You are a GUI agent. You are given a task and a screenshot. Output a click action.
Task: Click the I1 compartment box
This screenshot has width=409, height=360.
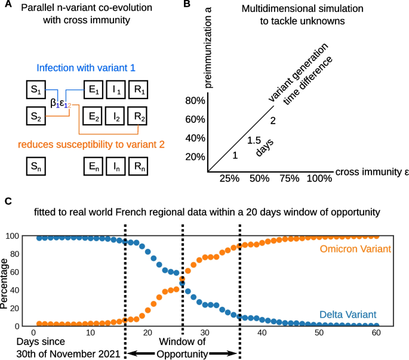click(x=116, y=90)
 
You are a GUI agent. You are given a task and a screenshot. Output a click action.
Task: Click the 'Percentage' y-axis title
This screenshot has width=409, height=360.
click(x=5, y=280)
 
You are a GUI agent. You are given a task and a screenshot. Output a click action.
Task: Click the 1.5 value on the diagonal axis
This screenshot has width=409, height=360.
click(x=253, y=140)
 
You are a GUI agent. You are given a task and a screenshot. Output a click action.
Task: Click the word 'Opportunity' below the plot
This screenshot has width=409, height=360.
click(x=182, y=353)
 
